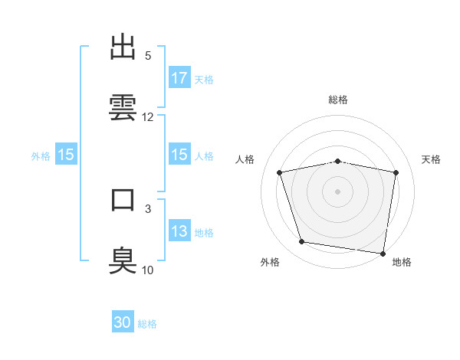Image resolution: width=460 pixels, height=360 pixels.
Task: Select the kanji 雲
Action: (x=124, y=106)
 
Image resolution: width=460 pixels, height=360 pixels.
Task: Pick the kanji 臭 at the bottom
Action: (x=124, y=259)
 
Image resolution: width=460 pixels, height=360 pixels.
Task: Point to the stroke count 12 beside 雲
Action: (x=148, y=117)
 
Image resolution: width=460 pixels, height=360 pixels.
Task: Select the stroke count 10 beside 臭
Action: (x=148, y=270)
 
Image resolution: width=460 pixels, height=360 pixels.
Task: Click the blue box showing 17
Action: (x=179, y=78)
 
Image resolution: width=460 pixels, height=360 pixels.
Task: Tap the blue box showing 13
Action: (x=179, y=231)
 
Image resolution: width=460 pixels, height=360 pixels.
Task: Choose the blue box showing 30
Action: (x=123, y=323)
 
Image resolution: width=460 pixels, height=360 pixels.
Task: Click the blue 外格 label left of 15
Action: (x=41, y=155)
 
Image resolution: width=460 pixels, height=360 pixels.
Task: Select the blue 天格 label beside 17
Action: (x=204, y=79)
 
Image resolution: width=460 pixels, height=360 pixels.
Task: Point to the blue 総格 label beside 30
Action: (x=147, y=324)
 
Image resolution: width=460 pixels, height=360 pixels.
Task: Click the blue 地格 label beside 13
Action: (x=204, y=232)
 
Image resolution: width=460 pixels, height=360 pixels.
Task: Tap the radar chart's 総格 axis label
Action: (x=338, y=100)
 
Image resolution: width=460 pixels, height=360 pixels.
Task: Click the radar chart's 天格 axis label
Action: (x=432, y=159)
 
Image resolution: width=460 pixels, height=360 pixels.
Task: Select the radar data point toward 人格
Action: (x=281, y=172)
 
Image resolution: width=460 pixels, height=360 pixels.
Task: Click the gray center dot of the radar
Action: (x=338, y=191)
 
